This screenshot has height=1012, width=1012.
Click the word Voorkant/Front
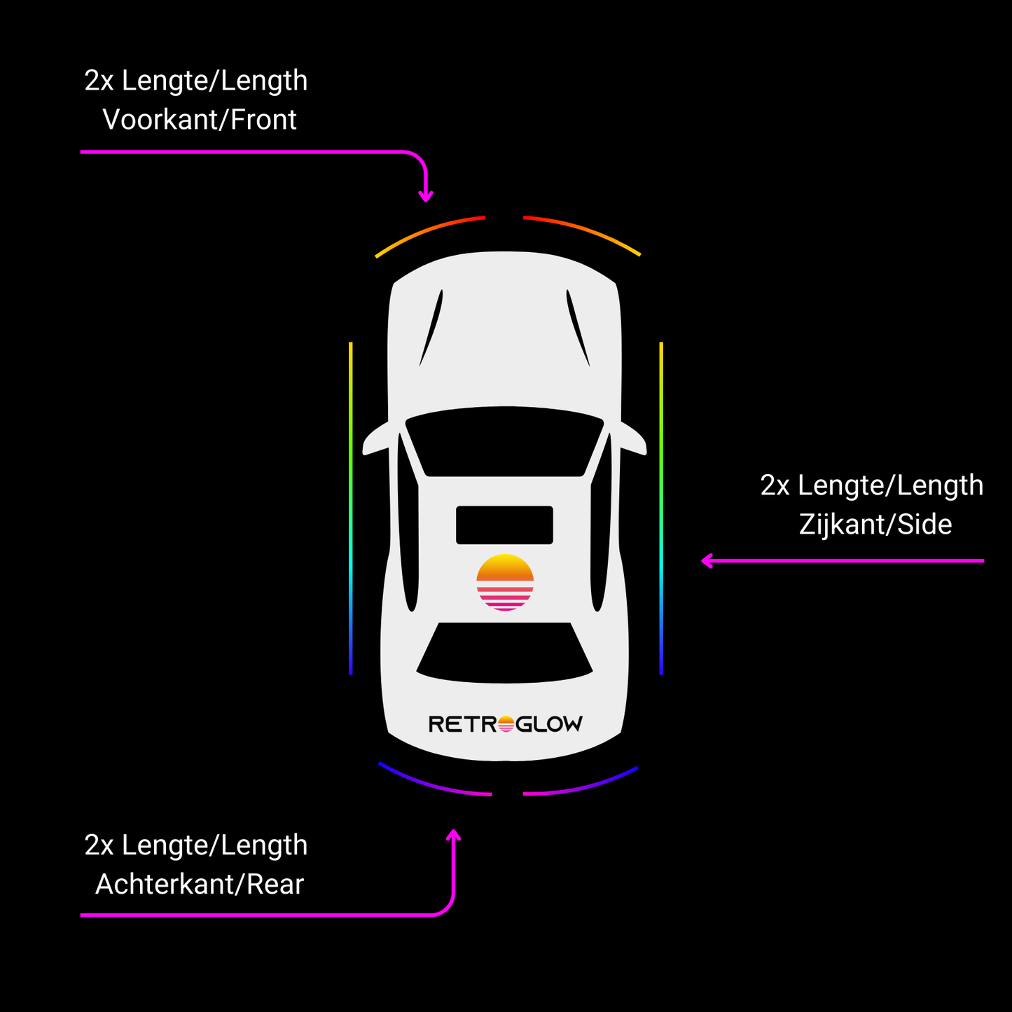(200, 120)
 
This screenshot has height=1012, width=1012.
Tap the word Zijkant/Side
(875, 525)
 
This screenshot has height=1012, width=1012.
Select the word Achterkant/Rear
(200, 885)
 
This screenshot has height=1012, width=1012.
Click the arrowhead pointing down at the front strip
(425, 197)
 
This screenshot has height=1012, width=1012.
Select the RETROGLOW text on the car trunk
(505, 724)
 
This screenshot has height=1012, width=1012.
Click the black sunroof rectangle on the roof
(504, 525)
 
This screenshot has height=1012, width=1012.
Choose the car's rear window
(504, 653)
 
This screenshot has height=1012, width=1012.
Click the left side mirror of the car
(375, 441)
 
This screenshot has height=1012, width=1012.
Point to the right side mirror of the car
(634, 441)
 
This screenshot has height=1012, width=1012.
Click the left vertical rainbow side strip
(350, 508)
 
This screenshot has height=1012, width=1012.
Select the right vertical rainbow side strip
(661, 508)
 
